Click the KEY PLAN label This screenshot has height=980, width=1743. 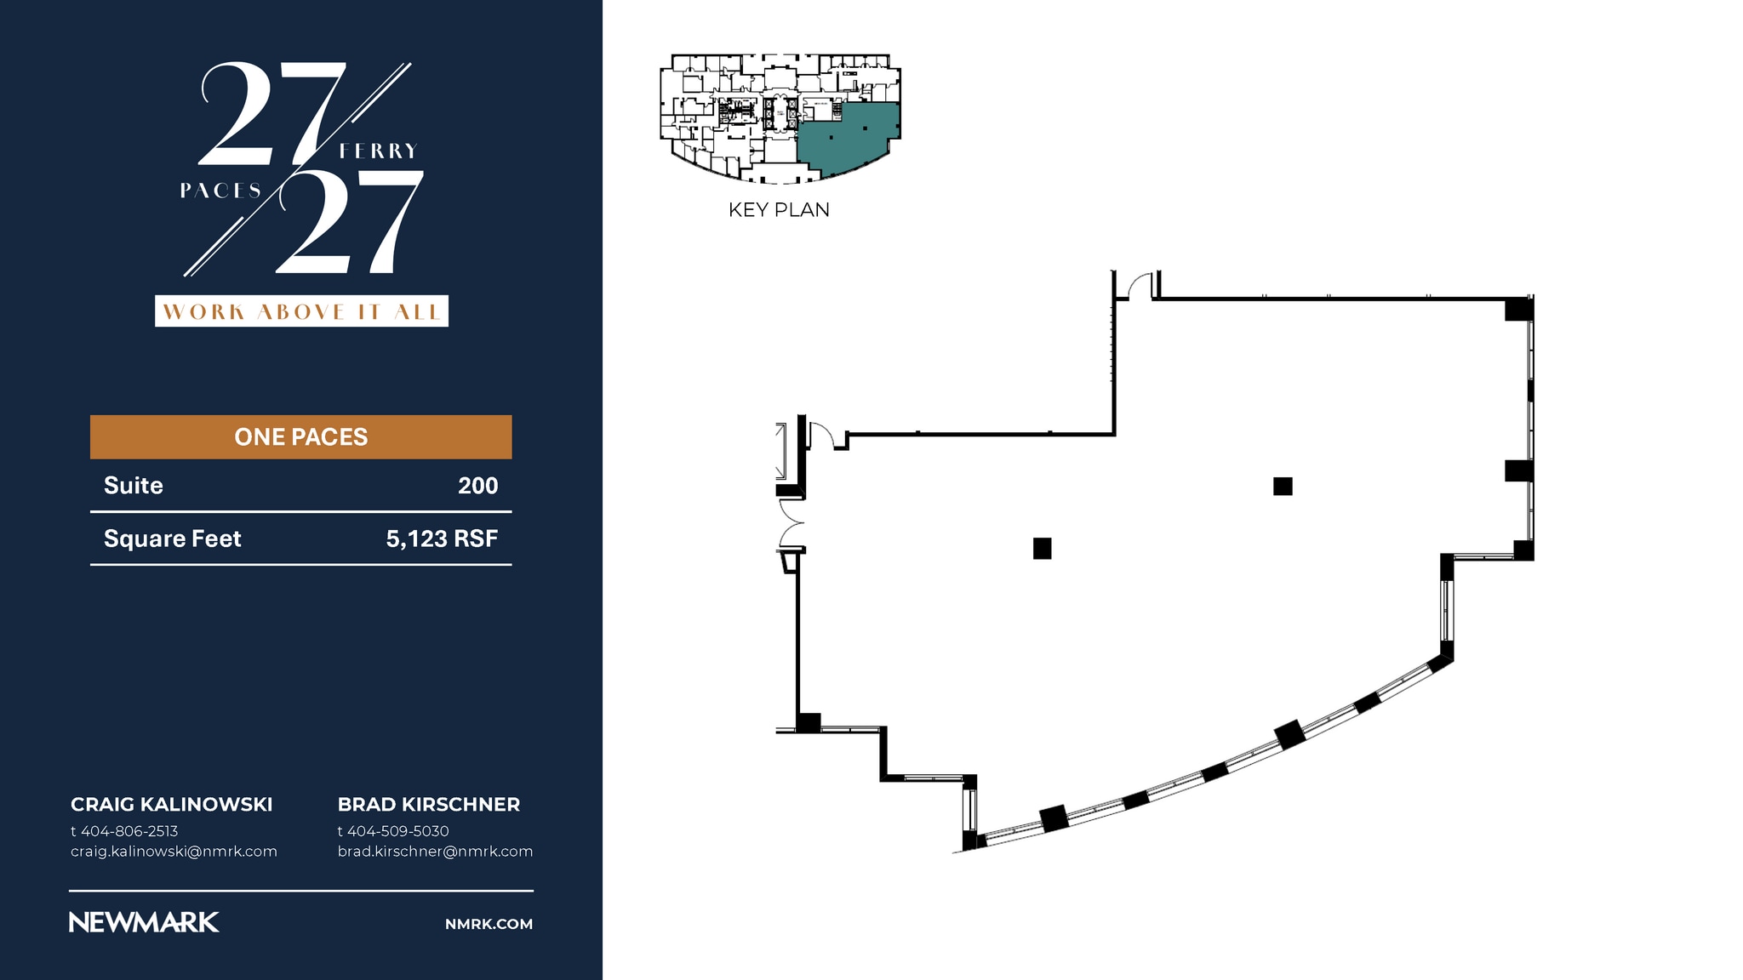pyautogui.click(x=779, y=210)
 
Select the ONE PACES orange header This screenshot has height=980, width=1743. pyautogui.click(x=301, y=437)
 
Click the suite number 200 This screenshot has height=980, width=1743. pyautogui.click(x=478, y=486)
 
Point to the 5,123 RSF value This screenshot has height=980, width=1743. pyautogui.click(x=442, y=538)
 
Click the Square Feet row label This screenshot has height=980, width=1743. pyautogui.click(x=173, y=539)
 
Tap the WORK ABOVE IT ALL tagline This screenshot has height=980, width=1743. pyautogui.click(x=301, y=311)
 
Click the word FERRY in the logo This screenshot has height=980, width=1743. pyautogui.click(x=378, y=151)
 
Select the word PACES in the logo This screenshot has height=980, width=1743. pyautogui.click(x=220, y=191)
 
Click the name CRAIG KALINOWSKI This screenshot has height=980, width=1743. pyautogui.click(x=172, y=805)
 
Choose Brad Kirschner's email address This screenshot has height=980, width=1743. pyautogui.click(x=435, y=852)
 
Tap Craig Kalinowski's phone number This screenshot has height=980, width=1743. pyautogui.click(x=124, y=831)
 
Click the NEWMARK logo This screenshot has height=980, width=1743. pyautogui.click(x=144, y=922)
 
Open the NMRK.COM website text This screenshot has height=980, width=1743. pyautogui.click(x=489, y=924)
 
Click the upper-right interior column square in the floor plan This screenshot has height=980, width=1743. pyautogui.click(x=1283, y=486)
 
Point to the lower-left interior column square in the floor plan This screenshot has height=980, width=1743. pyautogui.click(x=1042, y=549)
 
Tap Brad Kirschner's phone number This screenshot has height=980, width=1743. pyautogui.click(x=393, y=831)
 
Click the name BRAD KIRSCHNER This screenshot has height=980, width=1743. pyautogui.click(x=429, y=805)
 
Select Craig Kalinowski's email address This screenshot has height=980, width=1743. pyautogui.click(x=174, y=852)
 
